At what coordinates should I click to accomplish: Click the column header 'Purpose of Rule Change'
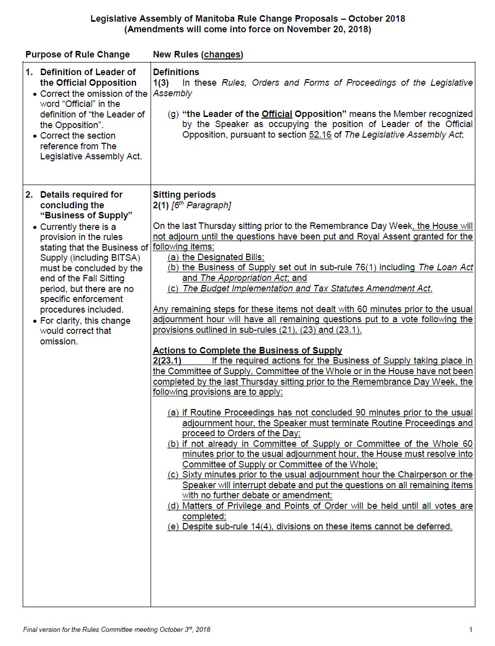[x=78, y=54]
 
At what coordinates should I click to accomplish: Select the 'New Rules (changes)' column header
[x=198, y=54]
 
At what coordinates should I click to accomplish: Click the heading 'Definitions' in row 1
[x=176, y=72]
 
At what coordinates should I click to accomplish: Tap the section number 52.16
[x=320, y=135]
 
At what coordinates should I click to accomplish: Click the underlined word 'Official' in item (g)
[x=277, y=114]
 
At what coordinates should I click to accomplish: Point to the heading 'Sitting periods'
[x=184, y=195]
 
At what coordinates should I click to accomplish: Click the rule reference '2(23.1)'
[x=167, y=361]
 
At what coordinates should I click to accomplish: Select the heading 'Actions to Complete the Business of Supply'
[x=247, y=350]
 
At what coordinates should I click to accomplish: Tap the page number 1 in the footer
[x=471, y=629]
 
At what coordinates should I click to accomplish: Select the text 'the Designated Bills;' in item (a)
[x=223, y=257]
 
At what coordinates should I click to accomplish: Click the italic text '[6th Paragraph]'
[x=201, y=205]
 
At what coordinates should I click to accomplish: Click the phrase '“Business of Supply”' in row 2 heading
[x=86, y=216]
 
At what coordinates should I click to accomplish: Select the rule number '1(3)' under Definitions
[x=161, y=83]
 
